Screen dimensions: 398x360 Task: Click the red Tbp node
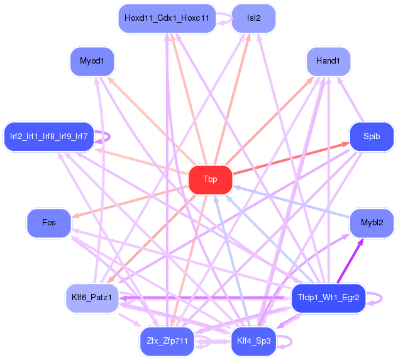tap(210, 179)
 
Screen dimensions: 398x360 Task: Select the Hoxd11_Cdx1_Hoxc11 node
tap(167, 18)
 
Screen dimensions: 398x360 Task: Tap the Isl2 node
tap(253, 18)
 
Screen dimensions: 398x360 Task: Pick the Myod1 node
tap(92, 61)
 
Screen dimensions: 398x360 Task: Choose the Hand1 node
tap(328, 61)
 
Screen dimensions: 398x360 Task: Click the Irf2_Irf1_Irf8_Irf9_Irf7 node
tap(49, 137)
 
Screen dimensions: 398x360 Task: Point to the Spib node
tap(372, 137)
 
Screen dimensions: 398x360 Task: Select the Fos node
tap(49, 223)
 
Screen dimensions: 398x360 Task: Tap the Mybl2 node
tap(372, 223)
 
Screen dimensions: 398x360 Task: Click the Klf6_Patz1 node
tap(92, 298)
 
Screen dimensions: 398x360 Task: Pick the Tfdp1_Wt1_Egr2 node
tap(328, 298)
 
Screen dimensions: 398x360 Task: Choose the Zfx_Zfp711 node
tap(167, 341)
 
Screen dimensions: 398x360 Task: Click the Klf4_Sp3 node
tap(253, 341)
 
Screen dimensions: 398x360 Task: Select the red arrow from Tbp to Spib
tap(291, 158)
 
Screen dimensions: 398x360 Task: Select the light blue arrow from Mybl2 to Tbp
tap(291, 202)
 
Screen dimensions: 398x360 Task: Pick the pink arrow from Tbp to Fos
tap(130, 202)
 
